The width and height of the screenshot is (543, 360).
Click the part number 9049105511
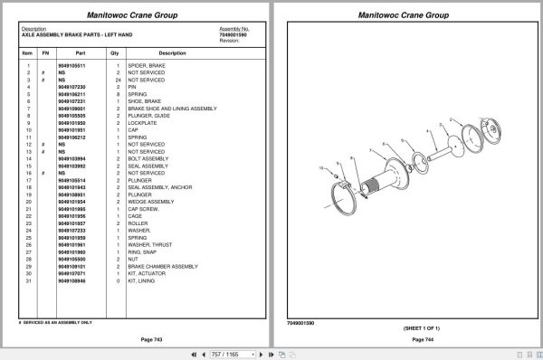coord(72,66)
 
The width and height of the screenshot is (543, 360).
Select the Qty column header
coord(115,53)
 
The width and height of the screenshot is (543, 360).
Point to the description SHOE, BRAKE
coord(144,100)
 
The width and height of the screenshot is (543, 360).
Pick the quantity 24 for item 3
coord(118,80)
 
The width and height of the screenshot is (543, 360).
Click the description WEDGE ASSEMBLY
coord(150,202)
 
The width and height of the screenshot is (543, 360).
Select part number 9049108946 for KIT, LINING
coord(72,281)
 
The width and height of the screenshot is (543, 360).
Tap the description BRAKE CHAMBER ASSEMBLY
coord(163,267)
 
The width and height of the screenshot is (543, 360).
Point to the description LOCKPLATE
coord(143,122)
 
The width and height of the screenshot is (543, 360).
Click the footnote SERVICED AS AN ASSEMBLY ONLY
coord(56,321)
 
